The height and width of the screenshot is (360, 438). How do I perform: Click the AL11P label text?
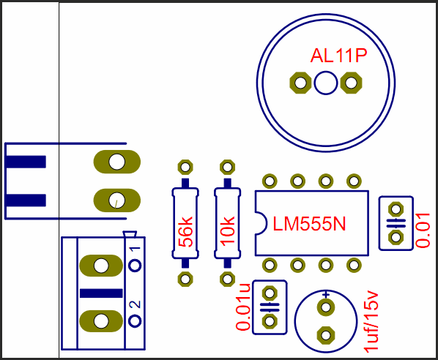pyautogui.click(x=338, y=56)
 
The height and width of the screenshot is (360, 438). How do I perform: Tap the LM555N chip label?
pyautogui.click(x=309, y=224)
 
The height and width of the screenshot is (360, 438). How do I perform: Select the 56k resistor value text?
pyautogui.click(x=185, y=232)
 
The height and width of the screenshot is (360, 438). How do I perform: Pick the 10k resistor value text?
pyautogui.click(x=227, y=231)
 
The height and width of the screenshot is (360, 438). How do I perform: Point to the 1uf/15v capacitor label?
pyautogui.click(x=371, y=322)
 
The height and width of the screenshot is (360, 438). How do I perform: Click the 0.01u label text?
pyautogui.click(x=243, y=307)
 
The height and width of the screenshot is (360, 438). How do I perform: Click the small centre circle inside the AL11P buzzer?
pyautogui.click(x=326, y=83)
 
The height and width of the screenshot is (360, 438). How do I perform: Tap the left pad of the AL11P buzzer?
pyautogui.click(x=300, y=83)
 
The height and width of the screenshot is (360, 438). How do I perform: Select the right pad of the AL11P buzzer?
pyautogui.click(x=351, y=83)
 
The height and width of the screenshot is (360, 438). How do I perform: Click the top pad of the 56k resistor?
pyautogui.click(x=185, y=168)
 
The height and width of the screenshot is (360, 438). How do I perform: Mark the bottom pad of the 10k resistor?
pyautogui.click(x=227, y=279)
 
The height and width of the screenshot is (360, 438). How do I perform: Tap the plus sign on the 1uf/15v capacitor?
pyautogui.click(x=326, y=294)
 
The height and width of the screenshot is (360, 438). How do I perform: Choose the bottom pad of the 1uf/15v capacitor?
pyautogui.click(x=326, y=335)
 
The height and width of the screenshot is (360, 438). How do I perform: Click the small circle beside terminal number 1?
pyautogui.click(x=136, y=266)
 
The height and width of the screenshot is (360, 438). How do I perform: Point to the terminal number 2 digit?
pyautogui.click(x=136, y=304)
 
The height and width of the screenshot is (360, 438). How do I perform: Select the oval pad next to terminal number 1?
pyautogui.click(x=101, y=266)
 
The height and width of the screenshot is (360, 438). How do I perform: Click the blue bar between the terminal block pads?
pyautogui.click(x=101, y=293)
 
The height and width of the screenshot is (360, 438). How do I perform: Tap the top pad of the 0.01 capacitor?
pyautogui.click(x=396, y=209)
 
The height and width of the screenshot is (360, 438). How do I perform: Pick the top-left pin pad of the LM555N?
pyautogui.click(x=270, y=181)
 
